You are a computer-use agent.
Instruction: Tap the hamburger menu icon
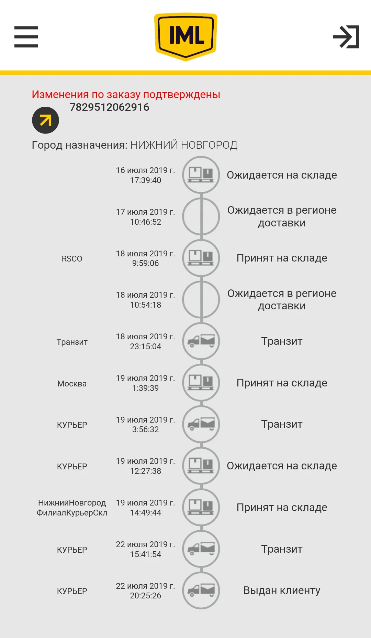(x=26, y=37)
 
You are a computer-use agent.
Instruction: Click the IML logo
(x=185, y=36)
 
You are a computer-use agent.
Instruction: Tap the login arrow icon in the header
(x=346, y=37)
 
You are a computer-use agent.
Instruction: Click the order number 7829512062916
(x=109, y=107)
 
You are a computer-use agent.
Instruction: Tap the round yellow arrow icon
(x=45, y=120)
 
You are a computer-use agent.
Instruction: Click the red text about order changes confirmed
(x=126, y=94)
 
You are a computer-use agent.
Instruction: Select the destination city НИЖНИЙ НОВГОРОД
(x=184, y=145)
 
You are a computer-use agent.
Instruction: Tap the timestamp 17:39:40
(x=145, y=180)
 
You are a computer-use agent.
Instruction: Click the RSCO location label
(x=72, y=259)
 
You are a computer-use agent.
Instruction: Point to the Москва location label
(x=72, y=384)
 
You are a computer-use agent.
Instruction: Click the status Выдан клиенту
(x=282, y=591)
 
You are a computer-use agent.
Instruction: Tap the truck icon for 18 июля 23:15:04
(x=201, y=341)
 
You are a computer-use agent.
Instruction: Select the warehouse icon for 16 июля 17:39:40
(x=201, y=175)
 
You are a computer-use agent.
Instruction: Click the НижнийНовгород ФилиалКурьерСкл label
(x=72, y=508)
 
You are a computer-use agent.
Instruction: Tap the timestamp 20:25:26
(x=145, y=596)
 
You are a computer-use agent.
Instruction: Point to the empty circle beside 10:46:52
(x=201, y=216)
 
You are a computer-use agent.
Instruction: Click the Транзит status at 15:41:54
(x=282, y=549)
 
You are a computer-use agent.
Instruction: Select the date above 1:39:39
(x=145, y=378)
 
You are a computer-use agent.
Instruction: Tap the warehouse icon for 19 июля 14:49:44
(x=201, y=507)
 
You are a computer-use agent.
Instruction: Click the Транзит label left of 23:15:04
(x=72, y=342)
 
